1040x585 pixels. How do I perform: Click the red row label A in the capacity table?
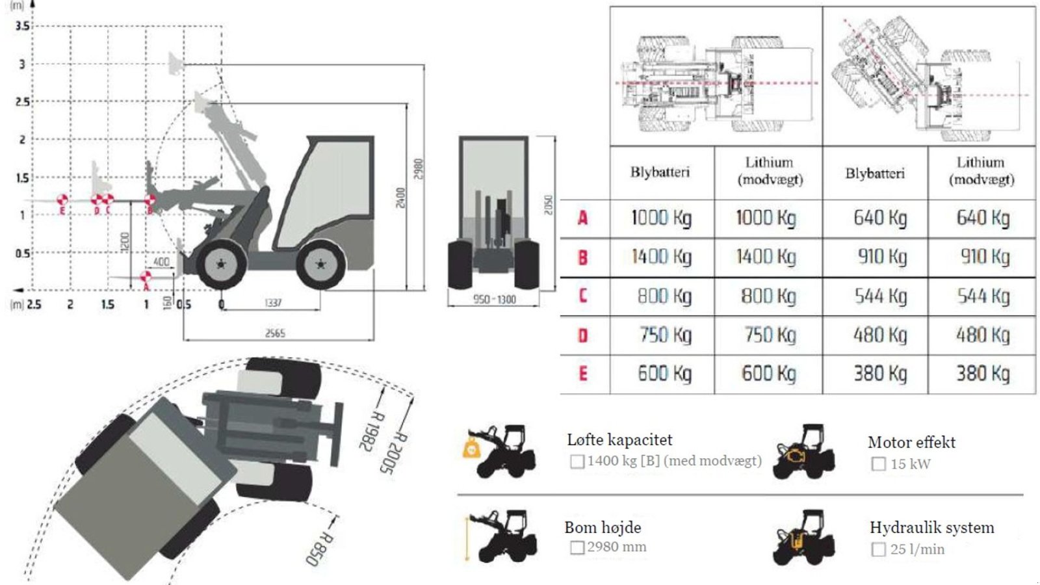click(582, 218)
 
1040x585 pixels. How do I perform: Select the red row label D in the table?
click(582, 335)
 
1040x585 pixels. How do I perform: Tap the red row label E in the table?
click(582, 374)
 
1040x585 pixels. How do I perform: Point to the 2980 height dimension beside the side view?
click(418, 170)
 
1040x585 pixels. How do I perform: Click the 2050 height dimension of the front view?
click(548, 205)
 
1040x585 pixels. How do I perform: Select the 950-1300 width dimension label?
click(494, 300)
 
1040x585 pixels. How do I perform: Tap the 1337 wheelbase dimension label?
click(273, 303)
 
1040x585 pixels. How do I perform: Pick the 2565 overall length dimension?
click(275, 333)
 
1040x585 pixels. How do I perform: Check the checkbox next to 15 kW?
click(878, 464)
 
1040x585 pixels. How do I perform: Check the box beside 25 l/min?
click(878, 549)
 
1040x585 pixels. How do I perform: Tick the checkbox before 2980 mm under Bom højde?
click(577, 547)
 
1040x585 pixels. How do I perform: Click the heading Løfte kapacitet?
click(619, 440)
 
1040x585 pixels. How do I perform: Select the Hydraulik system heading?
click(931, 527)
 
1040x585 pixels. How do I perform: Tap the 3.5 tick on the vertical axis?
click(22, 26)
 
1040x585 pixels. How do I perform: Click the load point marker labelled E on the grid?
click(62, 200)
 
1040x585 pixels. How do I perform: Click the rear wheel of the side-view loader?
click(320, 264)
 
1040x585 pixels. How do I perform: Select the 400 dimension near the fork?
click(161, 261)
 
